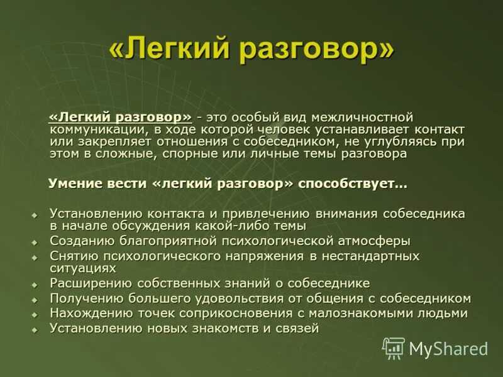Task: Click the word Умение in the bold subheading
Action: [76, 184]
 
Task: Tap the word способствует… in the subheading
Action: [353, 184]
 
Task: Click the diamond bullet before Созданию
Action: [35, 242]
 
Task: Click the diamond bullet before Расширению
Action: [35, 285]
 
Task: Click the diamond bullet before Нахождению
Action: [35, 314]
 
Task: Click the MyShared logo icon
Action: [394, 348]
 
